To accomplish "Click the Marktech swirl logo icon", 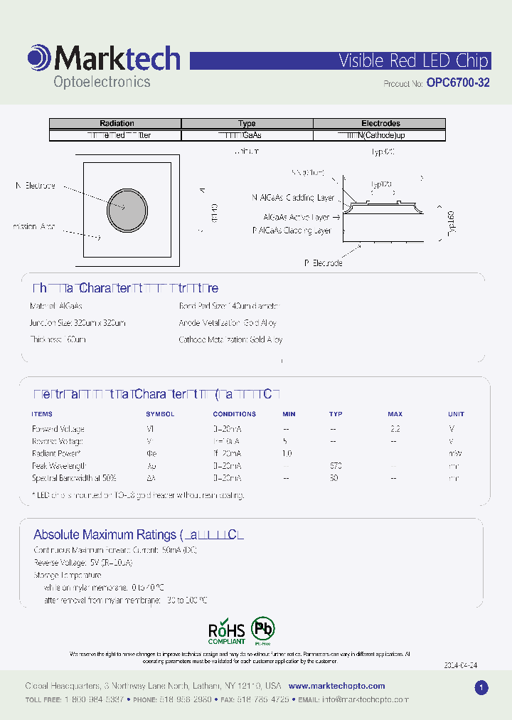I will (x=38, y=58).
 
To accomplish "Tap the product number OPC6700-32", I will (x=458, y=83).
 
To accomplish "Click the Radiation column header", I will (x=117, y=123).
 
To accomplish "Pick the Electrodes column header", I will (x=380, y=123).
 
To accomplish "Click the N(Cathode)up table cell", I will (x=380, y=134).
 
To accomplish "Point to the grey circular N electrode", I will (x=127, y=210).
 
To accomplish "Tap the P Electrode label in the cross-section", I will (x=324, y=263).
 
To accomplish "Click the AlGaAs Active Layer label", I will (x=297, y=217).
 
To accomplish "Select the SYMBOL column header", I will (x=160, y=413).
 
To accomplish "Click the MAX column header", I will (x=395, y=413).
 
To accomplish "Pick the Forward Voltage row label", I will (x=58, y=429).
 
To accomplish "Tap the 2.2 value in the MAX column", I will (x=395, y=429).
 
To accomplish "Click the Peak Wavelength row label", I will (x=62, y=466).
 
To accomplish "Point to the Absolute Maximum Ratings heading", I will (x=105, y=534).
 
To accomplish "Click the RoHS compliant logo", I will (x=226, y=632).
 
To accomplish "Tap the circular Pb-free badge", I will (x=264, y=630).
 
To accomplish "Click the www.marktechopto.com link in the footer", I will (x=337, y=686).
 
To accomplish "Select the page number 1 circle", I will (x=481, y=687).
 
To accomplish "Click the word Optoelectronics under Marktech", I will (x=102, y=82).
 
